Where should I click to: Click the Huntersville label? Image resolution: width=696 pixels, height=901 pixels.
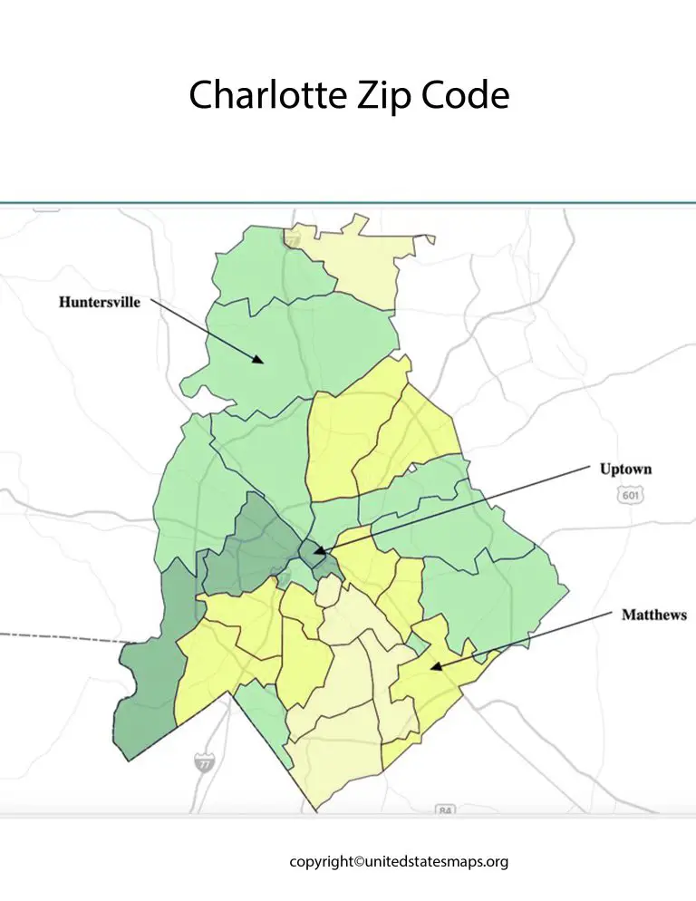(x=100, y=302)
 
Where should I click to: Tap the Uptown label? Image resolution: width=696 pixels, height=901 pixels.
(x=625, y=470)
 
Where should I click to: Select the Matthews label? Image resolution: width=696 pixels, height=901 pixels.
(x=653, y=615)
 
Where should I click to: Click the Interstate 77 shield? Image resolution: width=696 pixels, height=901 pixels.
(x=204, y=762)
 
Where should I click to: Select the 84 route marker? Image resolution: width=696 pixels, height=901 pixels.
(x=444, y=810)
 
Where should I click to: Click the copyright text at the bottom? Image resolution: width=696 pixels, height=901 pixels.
(x=399, y=861)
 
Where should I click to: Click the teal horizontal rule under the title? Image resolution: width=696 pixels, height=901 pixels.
(x=348, y=202)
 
